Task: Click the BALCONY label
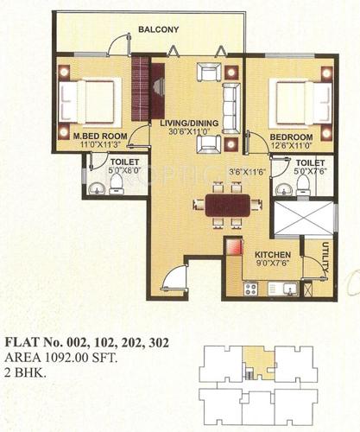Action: tap(159, 30)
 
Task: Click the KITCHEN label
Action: tap(272, 255)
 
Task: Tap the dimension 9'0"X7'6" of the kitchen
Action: tap(272, 265)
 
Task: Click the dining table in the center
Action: tap(228, 205)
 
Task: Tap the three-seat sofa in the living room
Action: tap(231, 107)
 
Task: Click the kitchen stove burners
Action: tap(250, 289)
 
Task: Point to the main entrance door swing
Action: tap(175, 278)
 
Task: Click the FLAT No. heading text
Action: tap(86, 342)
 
